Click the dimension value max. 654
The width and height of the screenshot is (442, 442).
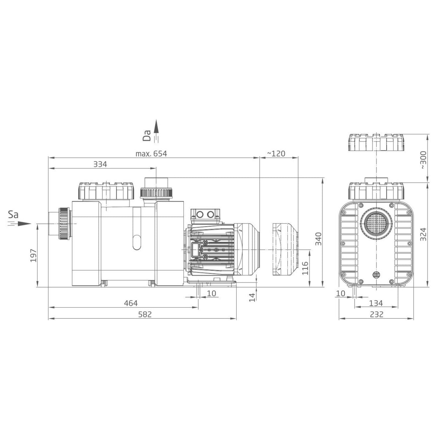click(151, 154)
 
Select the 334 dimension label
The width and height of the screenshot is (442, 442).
click(100, 164)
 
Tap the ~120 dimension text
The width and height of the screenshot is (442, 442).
click(276, 154)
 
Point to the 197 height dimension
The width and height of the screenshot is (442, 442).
click(32, 256)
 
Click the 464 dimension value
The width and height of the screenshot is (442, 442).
click(130, 303)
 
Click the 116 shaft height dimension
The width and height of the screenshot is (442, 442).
click(305, 268)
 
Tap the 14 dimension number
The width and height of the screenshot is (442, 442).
click(252, 297)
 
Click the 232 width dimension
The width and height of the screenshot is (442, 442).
click(376, 314)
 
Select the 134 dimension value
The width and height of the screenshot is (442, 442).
click(376, 303)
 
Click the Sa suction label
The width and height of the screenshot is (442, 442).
click(13, 214)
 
